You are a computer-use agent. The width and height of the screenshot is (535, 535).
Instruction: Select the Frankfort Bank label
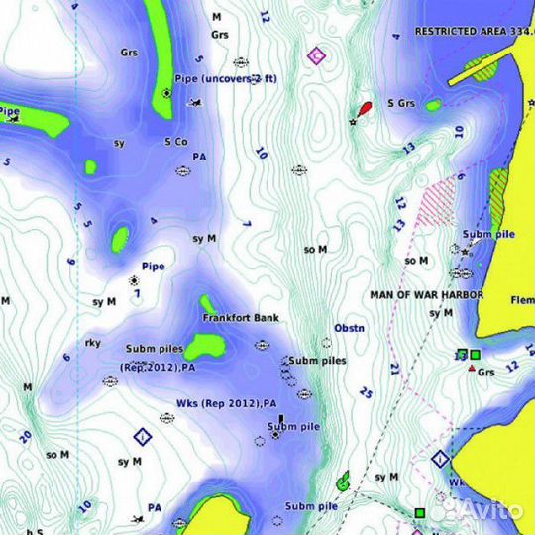coord(241,318)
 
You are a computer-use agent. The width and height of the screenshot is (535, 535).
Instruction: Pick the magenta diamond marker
coord(316,55)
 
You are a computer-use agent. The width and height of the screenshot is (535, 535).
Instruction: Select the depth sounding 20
coord(25,436)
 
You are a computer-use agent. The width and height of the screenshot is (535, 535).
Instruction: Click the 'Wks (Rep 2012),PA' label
coord(227,404)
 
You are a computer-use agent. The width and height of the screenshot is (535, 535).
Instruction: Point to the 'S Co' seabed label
coord(175,142)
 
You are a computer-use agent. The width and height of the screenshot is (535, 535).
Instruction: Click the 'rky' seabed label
coord(92,343)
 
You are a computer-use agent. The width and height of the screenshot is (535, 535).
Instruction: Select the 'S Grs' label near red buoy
coord(401,103)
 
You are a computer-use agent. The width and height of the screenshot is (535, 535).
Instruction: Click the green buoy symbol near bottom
coord(344,482)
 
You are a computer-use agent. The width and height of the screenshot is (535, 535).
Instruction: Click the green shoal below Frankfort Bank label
coord(207,346)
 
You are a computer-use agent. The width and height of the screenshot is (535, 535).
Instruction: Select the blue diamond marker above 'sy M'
coord(142,437)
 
